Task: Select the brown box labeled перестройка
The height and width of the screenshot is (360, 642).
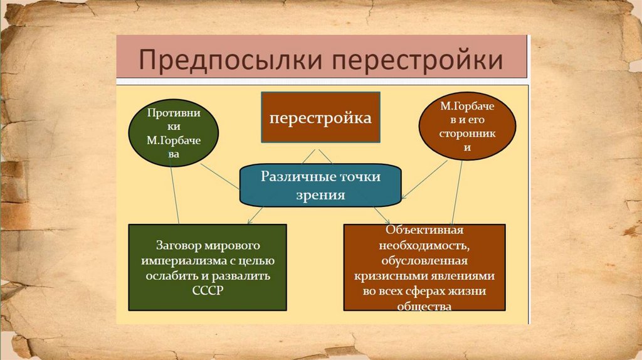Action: [320, 117]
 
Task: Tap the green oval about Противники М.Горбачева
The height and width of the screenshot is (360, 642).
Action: [173, 135]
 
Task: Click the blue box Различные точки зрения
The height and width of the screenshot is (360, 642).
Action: [320, 186]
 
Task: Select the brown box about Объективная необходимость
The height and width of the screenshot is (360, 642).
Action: [424, 267]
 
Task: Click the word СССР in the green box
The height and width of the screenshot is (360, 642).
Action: [208, 290]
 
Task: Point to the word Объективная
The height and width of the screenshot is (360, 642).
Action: [424, 229]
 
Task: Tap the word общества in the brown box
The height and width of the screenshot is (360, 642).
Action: [424, 306]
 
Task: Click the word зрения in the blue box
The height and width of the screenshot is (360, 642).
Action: [321, 195]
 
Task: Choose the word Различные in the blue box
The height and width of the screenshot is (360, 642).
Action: [290, 177]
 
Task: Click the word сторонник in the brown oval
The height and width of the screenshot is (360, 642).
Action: [467, 134]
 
